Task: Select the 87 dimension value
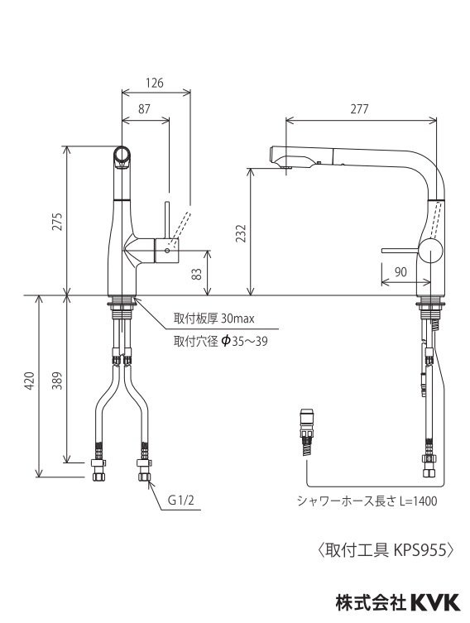[145, 109]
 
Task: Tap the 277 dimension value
[360, 108]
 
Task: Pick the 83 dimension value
[197, 272]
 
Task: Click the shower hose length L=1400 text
[367, 501]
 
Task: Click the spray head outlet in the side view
[285, 158]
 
